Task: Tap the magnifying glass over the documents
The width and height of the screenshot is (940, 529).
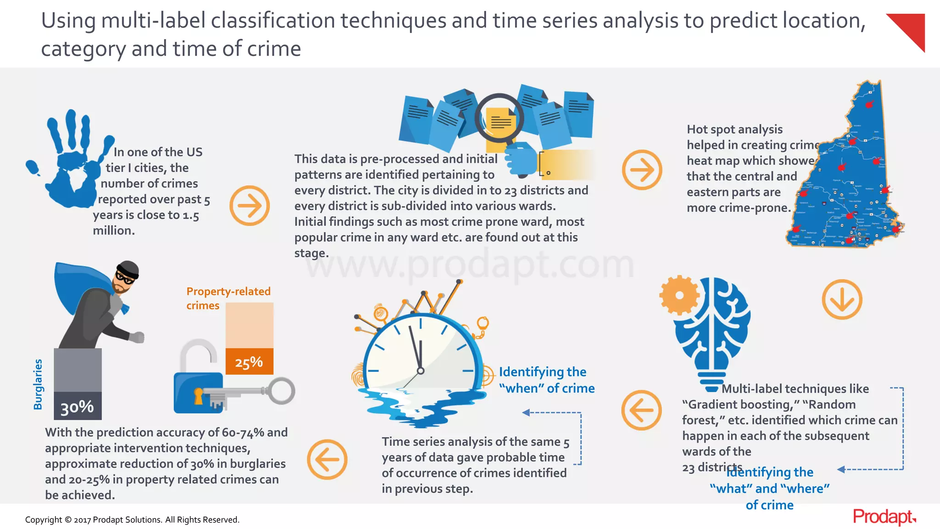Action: click(499, 118)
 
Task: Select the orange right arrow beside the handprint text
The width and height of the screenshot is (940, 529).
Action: click(249, 205)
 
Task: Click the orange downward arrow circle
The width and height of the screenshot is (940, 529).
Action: click(842, 299)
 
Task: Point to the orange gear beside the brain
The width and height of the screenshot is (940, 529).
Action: click(679, 295)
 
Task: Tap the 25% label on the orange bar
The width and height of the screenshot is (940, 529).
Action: click(249, 362)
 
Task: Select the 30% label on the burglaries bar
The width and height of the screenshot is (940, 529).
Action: click(77, 406)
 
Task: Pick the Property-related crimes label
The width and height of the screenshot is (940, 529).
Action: click(228, 298)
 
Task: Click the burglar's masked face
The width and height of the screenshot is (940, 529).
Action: click(126, 277)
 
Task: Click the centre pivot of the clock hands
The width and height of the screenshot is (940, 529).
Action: click(420, 371)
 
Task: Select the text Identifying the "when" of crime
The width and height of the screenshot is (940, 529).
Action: click(546, 380)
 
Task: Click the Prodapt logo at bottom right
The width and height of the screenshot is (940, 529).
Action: click(884, 517)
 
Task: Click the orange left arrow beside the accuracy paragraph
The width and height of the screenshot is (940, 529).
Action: click(327, 459)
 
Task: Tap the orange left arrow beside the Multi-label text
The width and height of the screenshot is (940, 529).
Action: click(641, 410)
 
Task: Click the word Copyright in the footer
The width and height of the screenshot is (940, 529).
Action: click(44, 520)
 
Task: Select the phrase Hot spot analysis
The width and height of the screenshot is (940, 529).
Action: click(734, 129)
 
